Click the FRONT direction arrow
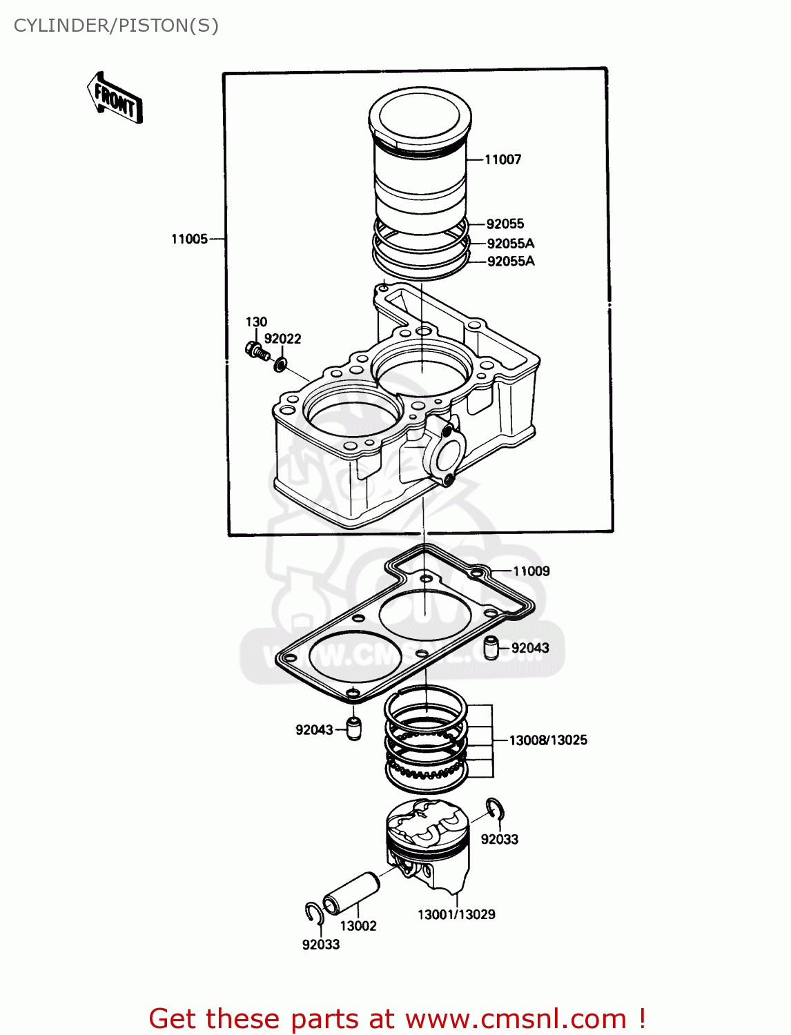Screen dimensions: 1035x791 tap(115, 99)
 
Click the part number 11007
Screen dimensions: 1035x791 tap(502, 159)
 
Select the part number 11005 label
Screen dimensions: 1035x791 tap(189, 239)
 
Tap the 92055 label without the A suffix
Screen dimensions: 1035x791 tap(505, 224)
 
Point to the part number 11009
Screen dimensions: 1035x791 tap(531, 571)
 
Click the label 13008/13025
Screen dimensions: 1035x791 tap(548, 740)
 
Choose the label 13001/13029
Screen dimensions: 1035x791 tap(456, 914)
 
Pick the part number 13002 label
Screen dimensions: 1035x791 tap(358, 926)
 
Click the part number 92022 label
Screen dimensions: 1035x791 tap(282, 338)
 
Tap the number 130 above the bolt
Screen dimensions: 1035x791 tap(256, 322)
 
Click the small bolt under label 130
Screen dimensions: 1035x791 tap(256, 351)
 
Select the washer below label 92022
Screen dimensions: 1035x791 tap(280, 364)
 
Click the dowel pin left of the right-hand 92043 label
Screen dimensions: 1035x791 tap(491, 648)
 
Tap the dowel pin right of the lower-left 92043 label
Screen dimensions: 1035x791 tap(353, 729)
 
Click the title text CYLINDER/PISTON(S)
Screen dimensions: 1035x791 tap(116, 26)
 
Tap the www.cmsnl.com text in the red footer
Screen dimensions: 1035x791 tap(515, 1018)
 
